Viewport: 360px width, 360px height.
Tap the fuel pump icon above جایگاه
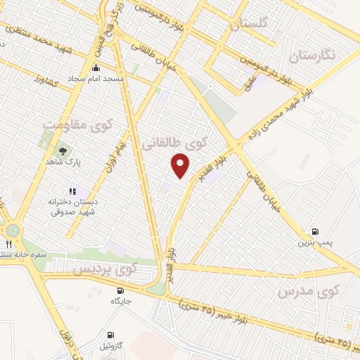pyautogui.click(x=120, y=290)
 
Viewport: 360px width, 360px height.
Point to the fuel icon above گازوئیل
pyautogui.click(x=110, y=335)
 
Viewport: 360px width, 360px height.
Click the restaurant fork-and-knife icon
pyautogui.click(x=8, y=243)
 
